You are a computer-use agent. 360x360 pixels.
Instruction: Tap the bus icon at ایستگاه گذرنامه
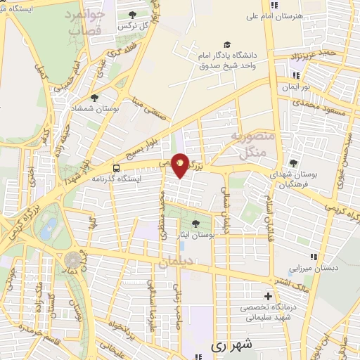(x=115, y=168)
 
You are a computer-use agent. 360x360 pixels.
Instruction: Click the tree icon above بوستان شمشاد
(x=94, y=98)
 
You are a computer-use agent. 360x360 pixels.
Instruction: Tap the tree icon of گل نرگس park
(x=133, y=13)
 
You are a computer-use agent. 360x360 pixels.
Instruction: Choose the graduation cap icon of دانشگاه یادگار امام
(x=227, y=44)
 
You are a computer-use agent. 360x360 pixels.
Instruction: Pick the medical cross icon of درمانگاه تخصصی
(x=267, y=296)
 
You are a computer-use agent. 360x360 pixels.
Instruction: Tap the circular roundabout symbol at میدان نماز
(x=72, y=261)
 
